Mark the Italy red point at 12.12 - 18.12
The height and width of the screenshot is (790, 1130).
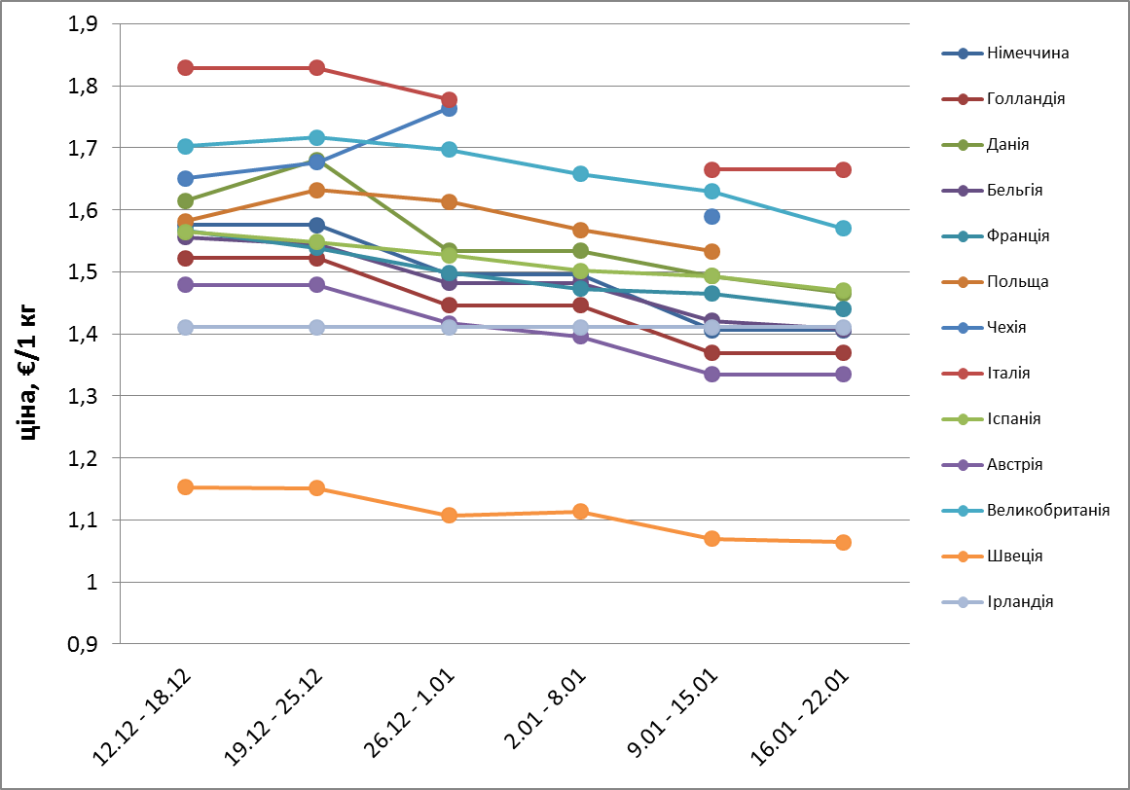[x=186, y=67]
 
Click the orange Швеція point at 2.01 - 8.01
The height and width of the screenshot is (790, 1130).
[x=580, y=511]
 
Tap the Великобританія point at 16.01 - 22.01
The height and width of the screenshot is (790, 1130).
[x=843, y=228]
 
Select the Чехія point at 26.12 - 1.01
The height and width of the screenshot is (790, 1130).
[x=449, y=108]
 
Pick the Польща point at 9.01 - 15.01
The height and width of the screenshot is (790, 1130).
[x=711, y=252]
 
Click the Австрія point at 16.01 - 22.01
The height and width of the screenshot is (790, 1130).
[x=843, y=374]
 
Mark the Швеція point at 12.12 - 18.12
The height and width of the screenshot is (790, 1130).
[x=186, y=486]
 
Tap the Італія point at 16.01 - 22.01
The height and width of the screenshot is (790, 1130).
[x=843, y=169]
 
